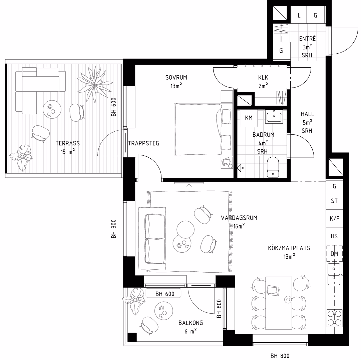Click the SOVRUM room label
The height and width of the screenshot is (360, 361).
[176, 78]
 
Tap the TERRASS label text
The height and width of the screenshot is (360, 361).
[68, 143]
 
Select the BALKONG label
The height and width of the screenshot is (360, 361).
[191, 323]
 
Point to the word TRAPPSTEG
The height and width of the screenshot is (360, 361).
[144, 144]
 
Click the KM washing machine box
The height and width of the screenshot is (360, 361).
[249, 118]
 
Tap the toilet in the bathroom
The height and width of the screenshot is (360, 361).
[273, 167]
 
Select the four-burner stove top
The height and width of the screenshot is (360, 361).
[335, 318]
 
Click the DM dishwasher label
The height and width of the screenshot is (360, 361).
[334, 254]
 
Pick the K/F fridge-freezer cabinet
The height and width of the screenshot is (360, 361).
[335, 218]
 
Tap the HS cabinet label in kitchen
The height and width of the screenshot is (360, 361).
[334, 236]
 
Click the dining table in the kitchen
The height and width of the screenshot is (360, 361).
[279, 303]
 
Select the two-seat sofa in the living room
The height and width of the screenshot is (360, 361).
[152, 239]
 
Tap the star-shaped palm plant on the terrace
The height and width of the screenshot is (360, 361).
[94, 85]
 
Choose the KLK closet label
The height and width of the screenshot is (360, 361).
[263, 78]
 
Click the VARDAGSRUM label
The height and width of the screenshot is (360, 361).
[239, 218]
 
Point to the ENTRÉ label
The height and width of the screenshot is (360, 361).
[307, 38]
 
